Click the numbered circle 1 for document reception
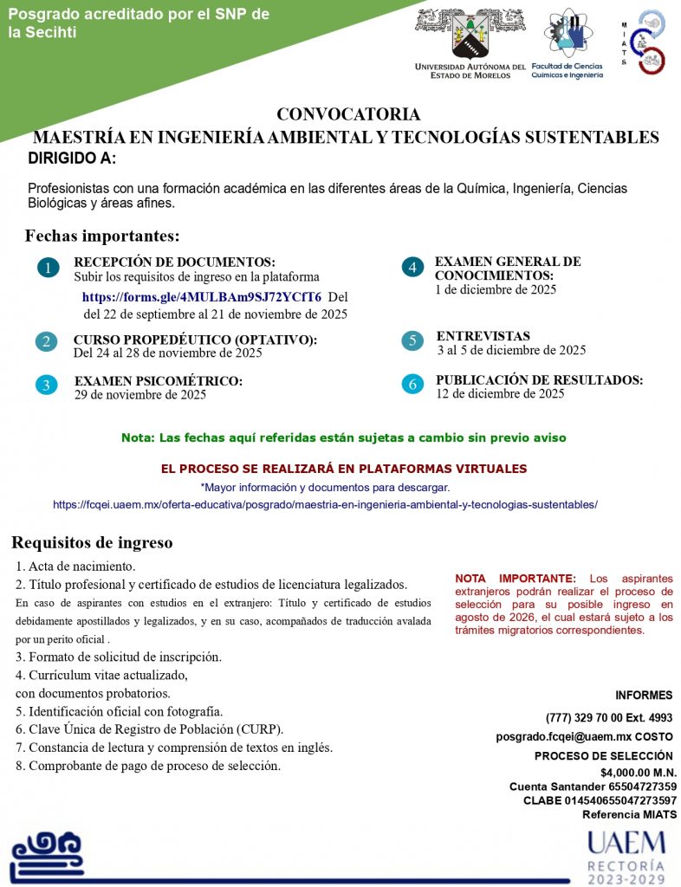(49, 269)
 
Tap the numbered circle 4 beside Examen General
(412, 268)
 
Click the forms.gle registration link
(201, 296)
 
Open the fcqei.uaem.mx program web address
(325, 504)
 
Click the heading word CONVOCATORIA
(348, 114)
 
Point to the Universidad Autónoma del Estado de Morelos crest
(470, 34)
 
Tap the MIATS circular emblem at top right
(650, 42)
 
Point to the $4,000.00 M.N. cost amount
(639, 773)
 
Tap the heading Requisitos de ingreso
(92, 543)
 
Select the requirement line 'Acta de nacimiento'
(75, 567)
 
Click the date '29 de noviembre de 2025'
(140, 395)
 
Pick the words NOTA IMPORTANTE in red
(515, 578)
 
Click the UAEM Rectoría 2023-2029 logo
(626, 856)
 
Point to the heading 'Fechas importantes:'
(102, 236)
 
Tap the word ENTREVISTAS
(483, 336)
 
